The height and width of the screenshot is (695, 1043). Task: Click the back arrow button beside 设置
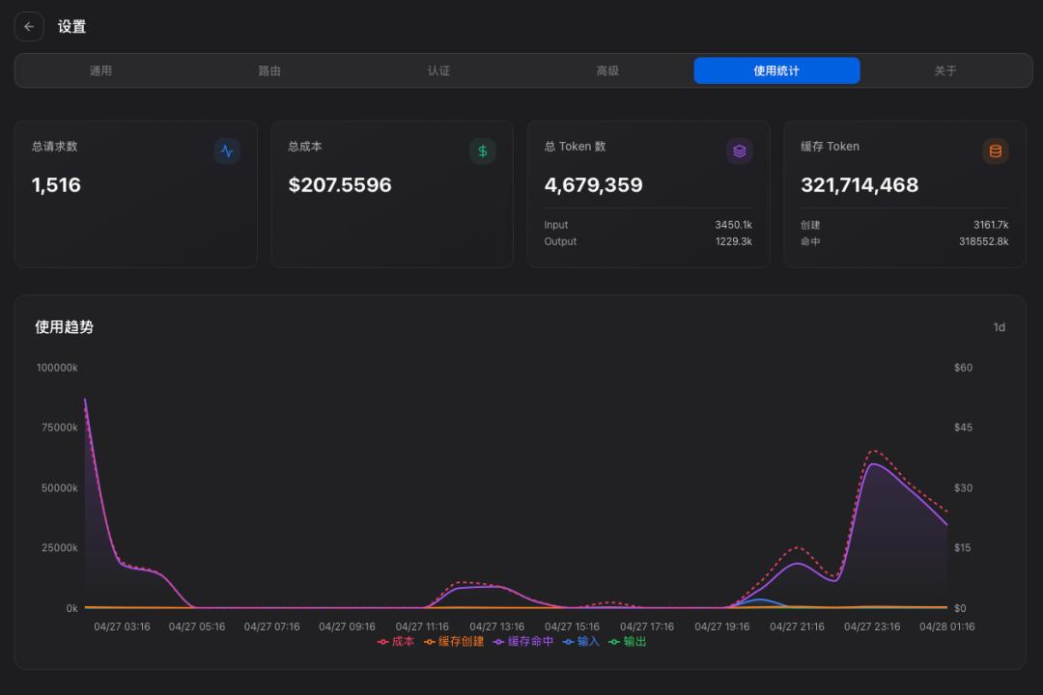click(x=29, y=27)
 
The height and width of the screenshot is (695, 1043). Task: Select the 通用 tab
click(x=100, y=70)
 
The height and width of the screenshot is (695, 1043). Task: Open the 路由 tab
click(x=269, y=70)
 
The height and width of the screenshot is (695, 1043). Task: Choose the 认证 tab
click(x=438, y=70)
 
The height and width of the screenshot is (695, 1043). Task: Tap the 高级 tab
click(x=607, y=70)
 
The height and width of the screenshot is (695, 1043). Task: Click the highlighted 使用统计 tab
click(x=776, y=70)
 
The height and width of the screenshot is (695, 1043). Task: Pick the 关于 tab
click(x=945, y=70)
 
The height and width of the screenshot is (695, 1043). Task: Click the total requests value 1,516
click(x=56, y=185)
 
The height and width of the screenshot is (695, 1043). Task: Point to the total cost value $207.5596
click(x=340, y=185)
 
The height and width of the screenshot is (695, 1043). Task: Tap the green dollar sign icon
click(x=483, y=152)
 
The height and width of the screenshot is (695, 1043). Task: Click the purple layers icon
click(x=739, y=152)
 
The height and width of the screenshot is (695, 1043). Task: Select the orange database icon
click(x=996, y=152)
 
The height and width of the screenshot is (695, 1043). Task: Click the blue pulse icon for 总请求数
click(x=227, y=152)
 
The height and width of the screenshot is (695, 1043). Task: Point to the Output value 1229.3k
click(x=733, y=241)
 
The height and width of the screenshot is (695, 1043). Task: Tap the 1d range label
click(x=999, y=327)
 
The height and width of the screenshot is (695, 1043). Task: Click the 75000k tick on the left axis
click(x=57, y=428)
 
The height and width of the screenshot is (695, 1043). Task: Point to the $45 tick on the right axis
click(x=963, y=428)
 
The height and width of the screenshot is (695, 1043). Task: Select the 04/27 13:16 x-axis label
click(x=497, y=626)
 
